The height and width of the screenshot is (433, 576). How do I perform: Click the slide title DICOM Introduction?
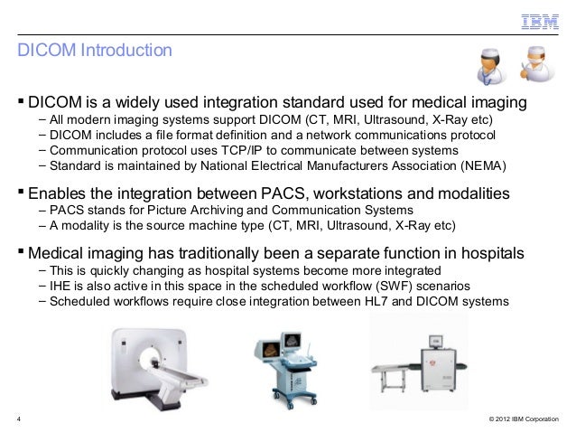pyautogui.click(x=94, y=52)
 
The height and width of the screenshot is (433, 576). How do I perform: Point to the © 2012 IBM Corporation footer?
pyautogui.click(x=523, y=420)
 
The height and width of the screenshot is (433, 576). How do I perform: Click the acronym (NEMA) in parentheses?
pyautogui.click(x=483, y=166)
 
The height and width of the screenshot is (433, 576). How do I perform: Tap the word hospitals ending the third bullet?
pyautogui.click(x=487, y=252)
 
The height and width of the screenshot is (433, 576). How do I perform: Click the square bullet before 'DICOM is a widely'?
pyautogui.click(x=22, y=98)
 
